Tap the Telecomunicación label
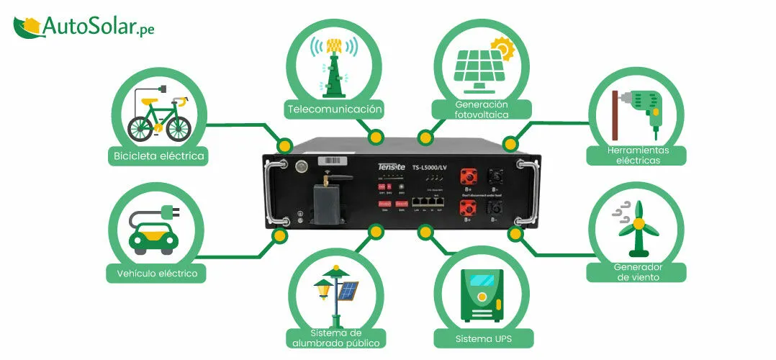point(333,109)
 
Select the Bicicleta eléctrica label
point(159,155)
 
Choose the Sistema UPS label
point(474,338)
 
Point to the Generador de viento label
point(636,272)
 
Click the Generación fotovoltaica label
point(482,109)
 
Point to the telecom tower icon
point(333,65)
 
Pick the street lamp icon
point(334,294)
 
